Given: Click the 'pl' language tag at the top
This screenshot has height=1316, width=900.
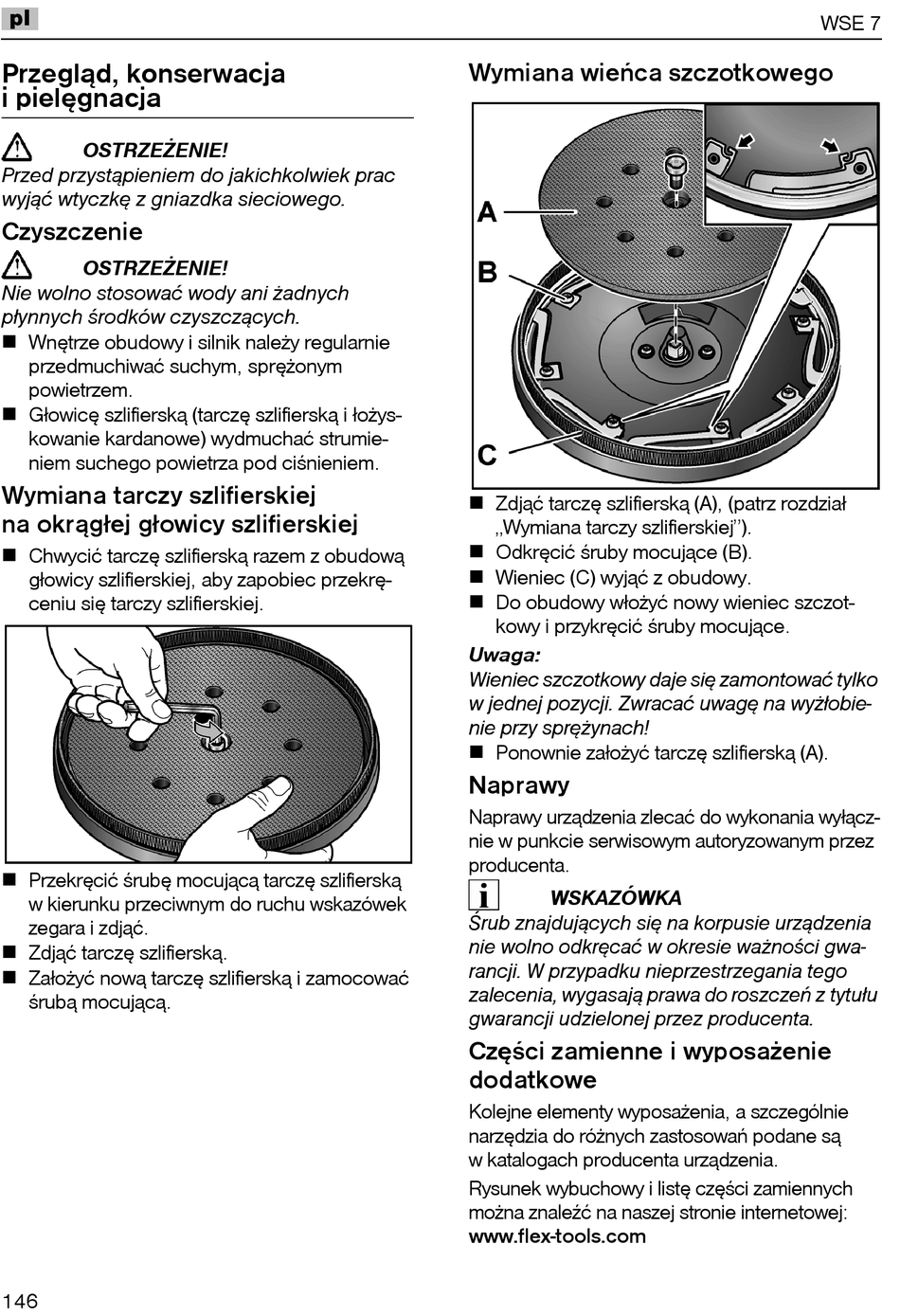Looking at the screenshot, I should (x=19, y=18).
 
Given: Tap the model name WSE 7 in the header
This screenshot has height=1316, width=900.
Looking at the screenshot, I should (x=849, y=24).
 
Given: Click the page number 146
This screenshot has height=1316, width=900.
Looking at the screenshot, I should (x=20, y=1300).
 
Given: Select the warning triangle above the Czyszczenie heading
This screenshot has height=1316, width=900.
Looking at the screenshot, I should (x=17, y=148).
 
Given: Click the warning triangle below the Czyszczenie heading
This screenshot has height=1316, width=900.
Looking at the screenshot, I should (x=17, y=266).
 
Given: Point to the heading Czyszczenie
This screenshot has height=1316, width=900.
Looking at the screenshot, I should (x=72, y=232).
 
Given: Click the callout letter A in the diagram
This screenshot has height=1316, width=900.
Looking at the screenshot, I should (x=487, y=211).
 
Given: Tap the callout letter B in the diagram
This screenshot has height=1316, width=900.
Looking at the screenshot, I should (x=487, y=273).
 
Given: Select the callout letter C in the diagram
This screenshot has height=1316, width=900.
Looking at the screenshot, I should (x=487, y=456).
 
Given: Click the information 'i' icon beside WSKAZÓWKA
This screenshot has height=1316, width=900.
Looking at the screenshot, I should (x=483, y=894).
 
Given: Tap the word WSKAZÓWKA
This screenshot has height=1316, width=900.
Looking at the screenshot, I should (x=616, y=898).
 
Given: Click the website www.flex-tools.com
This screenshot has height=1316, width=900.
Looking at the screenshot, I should (x=557, y=1236).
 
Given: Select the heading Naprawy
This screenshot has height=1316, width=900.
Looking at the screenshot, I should (x=519, y=785).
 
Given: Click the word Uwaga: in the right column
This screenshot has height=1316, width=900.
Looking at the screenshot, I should (x=505, y=655).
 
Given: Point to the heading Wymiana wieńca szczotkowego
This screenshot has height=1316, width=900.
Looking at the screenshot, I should (x=651, y=74).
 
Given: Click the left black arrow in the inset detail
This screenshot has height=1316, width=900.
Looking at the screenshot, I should (x=746, y=142).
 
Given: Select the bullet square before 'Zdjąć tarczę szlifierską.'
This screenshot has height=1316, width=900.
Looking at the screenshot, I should (x=10, y=953).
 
